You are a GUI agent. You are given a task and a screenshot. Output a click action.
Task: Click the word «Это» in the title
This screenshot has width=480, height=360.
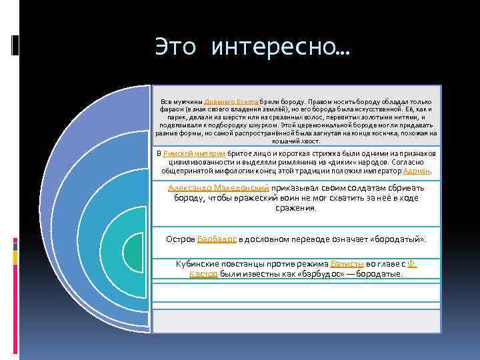176,47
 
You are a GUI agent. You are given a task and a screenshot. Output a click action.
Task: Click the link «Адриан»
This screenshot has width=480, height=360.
421,171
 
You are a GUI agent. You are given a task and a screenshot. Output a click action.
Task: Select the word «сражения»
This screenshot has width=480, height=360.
296,208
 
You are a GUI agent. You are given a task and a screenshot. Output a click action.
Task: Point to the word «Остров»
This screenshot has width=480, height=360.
180,238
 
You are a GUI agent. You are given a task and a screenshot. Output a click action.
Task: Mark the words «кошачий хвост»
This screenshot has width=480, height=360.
296,141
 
